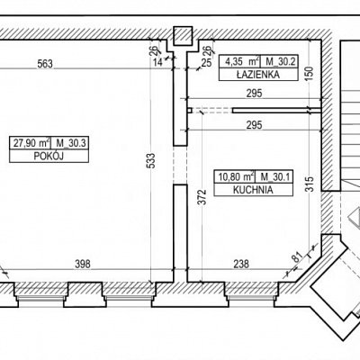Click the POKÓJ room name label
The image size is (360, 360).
pyautogui.click(x=49, y=157)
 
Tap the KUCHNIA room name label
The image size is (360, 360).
pyautogui.click(x=253, y=190)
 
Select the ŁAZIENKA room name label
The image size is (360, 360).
pyautogui.click(x=258, y=75)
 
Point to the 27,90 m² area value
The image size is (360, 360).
pyautogui.click(x=31, y=143)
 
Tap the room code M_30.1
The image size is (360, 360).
pyautogui.click(x=275, y=177)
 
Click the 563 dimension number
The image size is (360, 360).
pyautogui.click(x=45, y=64)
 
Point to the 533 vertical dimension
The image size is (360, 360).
pyautogui.click(x=152, y=161)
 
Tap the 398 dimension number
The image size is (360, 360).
pyautogui.click(x=83, y=264)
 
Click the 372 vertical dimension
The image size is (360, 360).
pyautogui.click(x=203, y=197)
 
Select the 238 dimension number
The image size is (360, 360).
pyautogui.click(x=241, y=264)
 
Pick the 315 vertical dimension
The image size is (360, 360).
pyautogui.click(x=310, y=184)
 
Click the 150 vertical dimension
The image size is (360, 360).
pyautogui.click(x=310, y=73)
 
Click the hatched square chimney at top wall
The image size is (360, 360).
pyautogui.click(x=183, y=36)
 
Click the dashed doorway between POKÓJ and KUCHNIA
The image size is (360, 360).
pyautogui.click(x=180, y=166)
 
